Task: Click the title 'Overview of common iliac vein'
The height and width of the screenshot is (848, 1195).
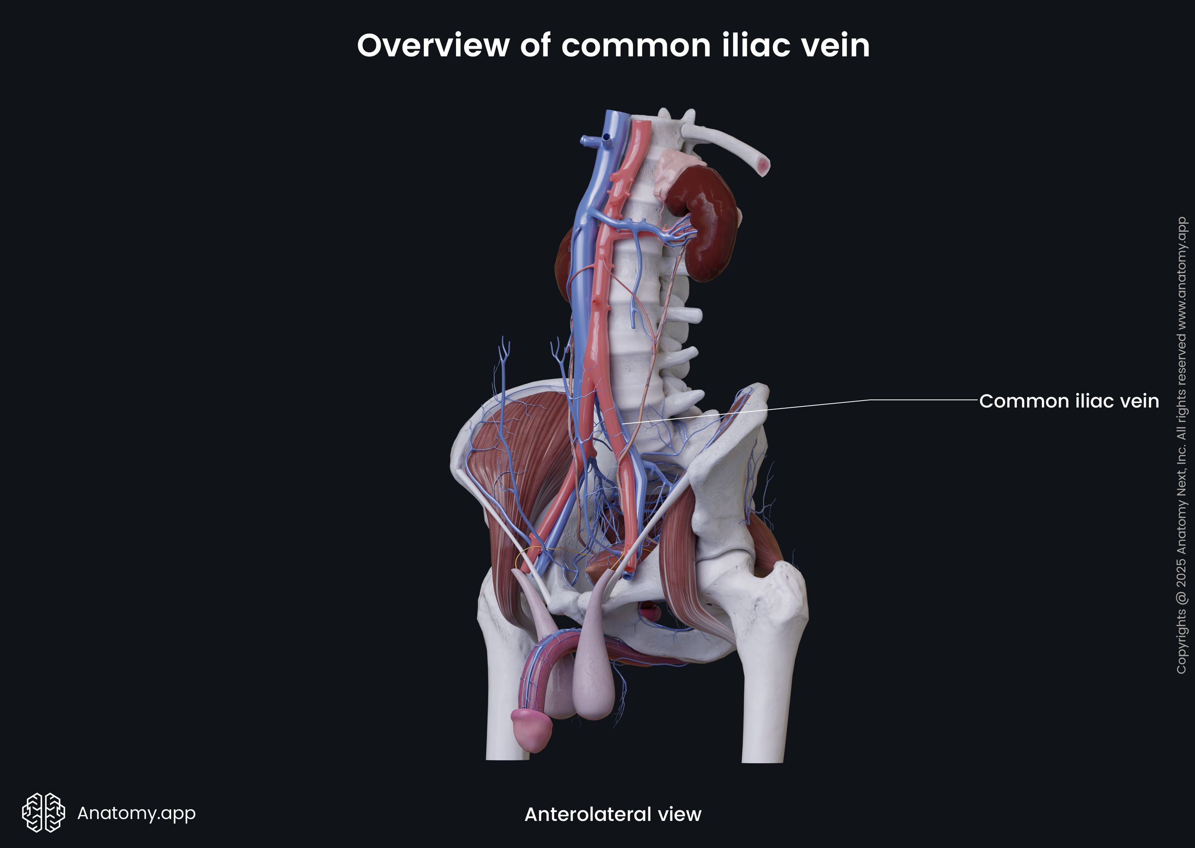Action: pyautogui.click(x=613, y=45)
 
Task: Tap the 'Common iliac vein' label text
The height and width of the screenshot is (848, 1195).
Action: pyautogui.click(x=1069, y=401)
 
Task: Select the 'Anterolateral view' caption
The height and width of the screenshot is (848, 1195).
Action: pyautogui.click(x=613, y=814)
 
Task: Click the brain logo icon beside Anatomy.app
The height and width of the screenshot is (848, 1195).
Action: pyautogui.click(x=43, y=812)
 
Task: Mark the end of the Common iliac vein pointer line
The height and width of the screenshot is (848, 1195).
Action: pyautogui.click(x=621, y=423)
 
